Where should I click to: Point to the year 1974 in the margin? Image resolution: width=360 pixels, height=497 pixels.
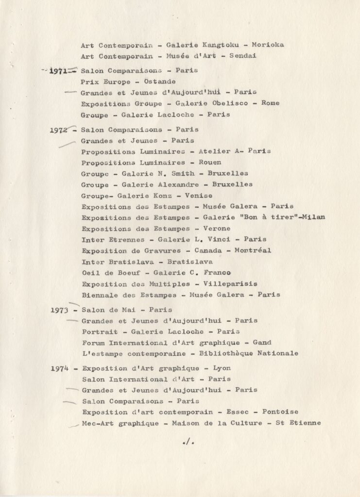[x=60, y=368]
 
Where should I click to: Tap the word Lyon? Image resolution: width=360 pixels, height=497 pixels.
[x=222, y=368]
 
